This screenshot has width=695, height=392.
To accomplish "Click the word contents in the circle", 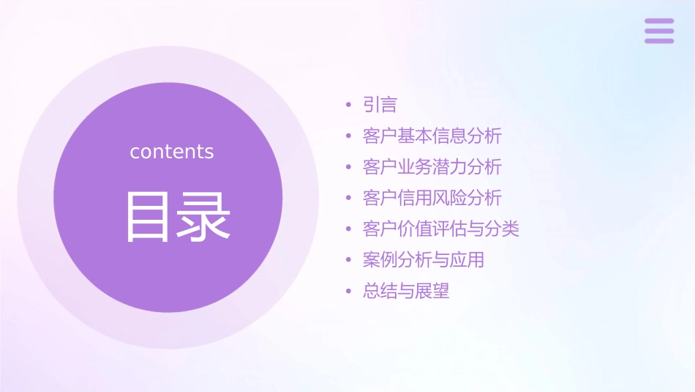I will pos(172,152).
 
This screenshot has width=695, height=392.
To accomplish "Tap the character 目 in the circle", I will pos(148,216).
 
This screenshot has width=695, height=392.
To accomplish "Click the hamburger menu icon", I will pos(659,31).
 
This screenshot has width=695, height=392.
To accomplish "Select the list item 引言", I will pos(380,106).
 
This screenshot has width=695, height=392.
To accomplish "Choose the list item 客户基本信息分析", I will pos(432,136).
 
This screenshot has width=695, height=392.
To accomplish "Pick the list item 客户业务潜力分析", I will pos(432,167).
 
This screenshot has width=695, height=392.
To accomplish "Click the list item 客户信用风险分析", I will pos(432,198).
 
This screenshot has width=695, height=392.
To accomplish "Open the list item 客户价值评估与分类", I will pos(440,229).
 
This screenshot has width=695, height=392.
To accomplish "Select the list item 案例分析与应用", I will pos(423,259).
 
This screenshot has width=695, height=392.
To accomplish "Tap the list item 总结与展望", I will pos(406,291).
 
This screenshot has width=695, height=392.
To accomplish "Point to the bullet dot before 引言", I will pos(349,106).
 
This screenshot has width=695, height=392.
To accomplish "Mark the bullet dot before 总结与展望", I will pos(349,291).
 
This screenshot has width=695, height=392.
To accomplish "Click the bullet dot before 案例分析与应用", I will pos(349,260).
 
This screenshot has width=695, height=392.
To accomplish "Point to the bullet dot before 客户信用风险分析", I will pos(349,198).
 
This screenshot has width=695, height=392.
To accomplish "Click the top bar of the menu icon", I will pos(659,21).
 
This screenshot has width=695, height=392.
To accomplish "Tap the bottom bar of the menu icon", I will pos(659,40).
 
